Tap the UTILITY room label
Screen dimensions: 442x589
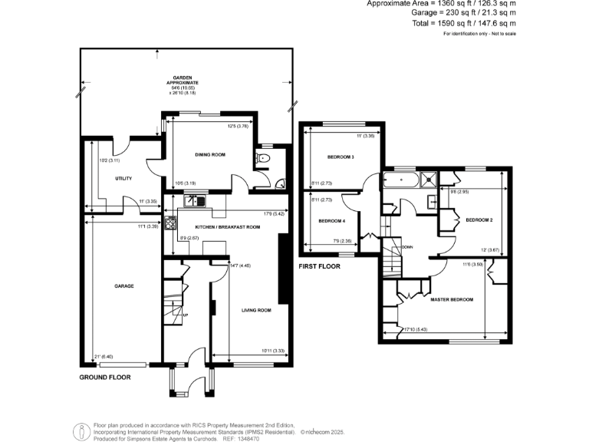(123, 179)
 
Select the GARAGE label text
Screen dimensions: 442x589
(124, 285)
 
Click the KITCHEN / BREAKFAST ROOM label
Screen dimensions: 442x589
(228, 228)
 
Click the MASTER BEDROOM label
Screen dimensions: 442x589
(451, 299)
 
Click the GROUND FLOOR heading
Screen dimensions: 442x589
(104, 378)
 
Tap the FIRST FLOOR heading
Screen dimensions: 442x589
(319, 266)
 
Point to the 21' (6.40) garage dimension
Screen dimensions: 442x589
(103, 357)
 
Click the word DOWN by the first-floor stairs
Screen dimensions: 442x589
(407, 247)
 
